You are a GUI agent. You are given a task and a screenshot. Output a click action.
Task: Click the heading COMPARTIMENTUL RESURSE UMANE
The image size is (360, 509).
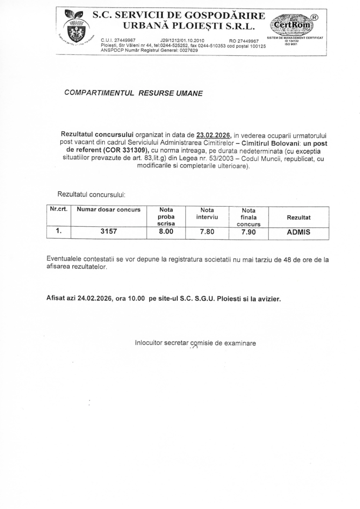(133, 93)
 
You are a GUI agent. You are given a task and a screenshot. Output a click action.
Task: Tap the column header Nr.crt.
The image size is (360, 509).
(59, 209)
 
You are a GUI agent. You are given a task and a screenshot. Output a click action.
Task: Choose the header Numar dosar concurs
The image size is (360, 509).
(109, 210)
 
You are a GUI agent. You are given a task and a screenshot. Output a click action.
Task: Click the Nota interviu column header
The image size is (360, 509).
(206, 213)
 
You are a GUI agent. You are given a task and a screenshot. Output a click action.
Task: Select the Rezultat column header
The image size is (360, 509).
(299, 217)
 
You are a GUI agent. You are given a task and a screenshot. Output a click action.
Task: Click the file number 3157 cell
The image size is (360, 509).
(108, 232)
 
